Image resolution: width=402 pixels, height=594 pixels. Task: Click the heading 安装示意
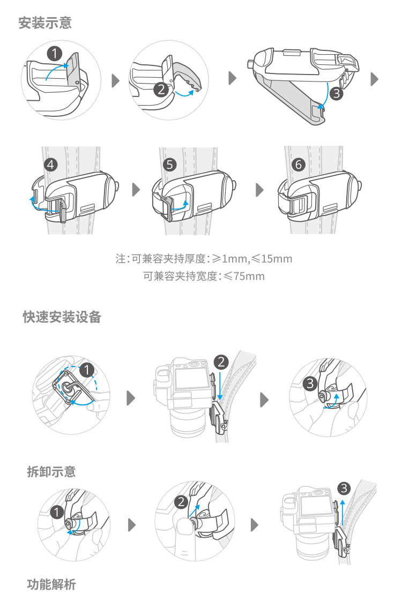click(45, 24)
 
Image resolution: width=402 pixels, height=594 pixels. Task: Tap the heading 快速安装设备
click(62, 317)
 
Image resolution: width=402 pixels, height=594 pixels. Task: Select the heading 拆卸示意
click(51, 472)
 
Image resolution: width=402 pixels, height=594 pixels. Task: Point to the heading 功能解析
click(51, 584)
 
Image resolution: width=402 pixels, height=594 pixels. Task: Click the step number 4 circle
click(51, 165)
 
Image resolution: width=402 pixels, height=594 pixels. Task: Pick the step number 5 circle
click(170, 165)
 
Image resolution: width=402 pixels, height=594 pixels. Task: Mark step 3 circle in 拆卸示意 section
click(344, 488)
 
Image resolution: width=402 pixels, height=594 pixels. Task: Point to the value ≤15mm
click(272, 259)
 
